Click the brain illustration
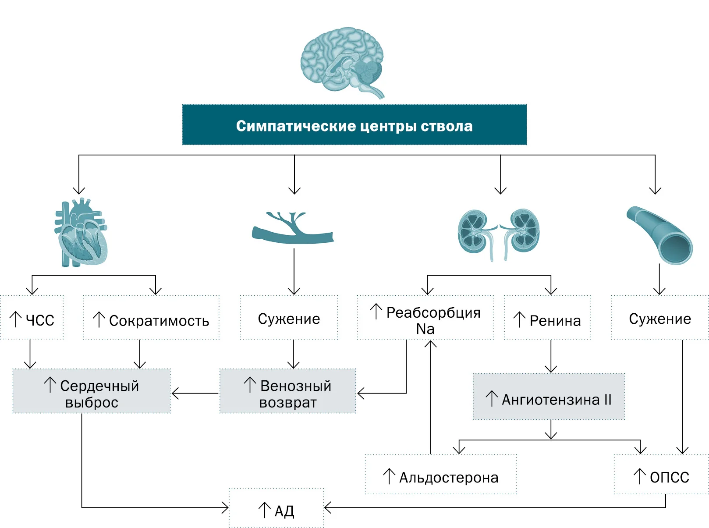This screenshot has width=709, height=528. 342,63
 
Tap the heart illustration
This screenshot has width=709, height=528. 81,232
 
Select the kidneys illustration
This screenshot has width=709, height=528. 498,234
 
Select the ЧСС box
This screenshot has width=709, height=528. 32,317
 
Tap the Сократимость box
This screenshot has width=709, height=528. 151,317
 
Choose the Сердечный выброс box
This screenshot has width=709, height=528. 92,391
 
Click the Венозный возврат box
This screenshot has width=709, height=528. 288,391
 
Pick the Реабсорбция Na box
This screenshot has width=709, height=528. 425,317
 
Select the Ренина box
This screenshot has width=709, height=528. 547,317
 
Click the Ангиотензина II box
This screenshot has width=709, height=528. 549,396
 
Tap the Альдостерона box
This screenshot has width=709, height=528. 441,474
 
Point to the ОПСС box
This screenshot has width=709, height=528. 661,474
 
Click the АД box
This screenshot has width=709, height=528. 276,508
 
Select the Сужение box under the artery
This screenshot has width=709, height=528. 660,317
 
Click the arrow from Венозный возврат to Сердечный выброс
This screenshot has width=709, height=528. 195,393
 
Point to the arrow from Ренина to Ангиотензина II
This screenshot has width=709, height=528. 551,356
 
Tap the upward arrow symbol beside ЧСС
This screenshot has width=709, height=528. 15,319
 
